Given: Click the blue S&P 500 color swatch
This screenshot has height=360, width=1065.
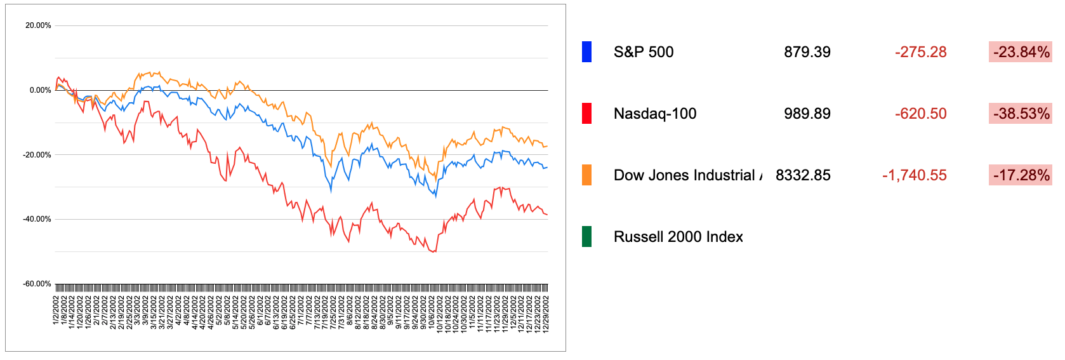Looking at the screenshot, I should (x=586, y=52).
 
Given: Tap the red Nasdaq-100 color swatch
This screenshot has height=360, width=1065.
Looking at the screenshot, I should (x=586, y=114).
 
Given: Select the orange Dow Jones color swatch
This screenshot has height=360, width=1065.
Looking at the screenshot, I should (x=586, y=175).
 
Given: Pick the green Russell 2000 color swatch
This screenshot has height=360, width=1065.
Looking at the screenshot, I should (x=586, y=237).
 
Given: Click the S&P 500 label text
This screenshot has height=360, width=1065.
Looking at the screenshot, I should (x=644, y=52).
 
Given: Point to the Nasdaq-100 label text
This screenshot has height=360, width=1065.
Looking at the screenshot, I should (x=655, y=114).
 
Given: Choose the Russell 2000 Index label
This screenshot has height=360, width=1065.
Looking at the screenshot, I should (x=678, y=237).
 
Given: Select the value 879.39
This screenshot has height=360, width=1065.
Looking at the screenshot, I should (x=807, y=52).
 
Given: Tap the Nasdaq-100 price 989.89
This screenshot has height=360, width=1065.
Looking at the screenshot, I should (x=807, y=114).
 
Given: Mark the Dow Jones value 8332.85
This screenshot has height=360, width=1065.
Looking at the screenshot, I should (x=803, y=175).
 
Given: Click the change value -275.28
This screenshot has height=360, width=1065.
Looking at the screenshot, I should (x=920, y=52).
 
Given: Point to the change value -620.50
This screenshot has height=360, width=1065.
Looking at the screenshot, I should (x=920, y=114).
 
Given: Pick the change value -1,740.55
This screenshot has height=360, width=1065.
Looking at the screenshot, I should (x=914, y=175).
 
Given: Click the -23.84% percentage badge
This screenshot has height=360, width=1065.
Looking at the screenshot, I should (x=1021, y=52).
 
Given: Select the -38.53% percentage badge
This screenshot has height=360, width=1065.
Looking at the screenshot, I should (x=1021, y=114).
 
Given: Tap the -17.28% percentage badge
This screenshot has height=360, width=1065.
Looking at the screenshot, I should (x=1021, y=175).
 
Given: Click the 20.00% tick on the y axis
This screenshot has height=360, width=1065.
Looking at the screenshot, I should (x=38, y=25).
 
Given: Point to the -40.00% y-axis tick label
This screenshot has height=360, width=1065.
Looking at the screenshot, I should (x=37, y=219).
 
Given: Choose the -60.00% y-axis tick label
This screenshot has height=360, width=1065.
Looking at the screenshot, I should (x=37, y=284).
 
